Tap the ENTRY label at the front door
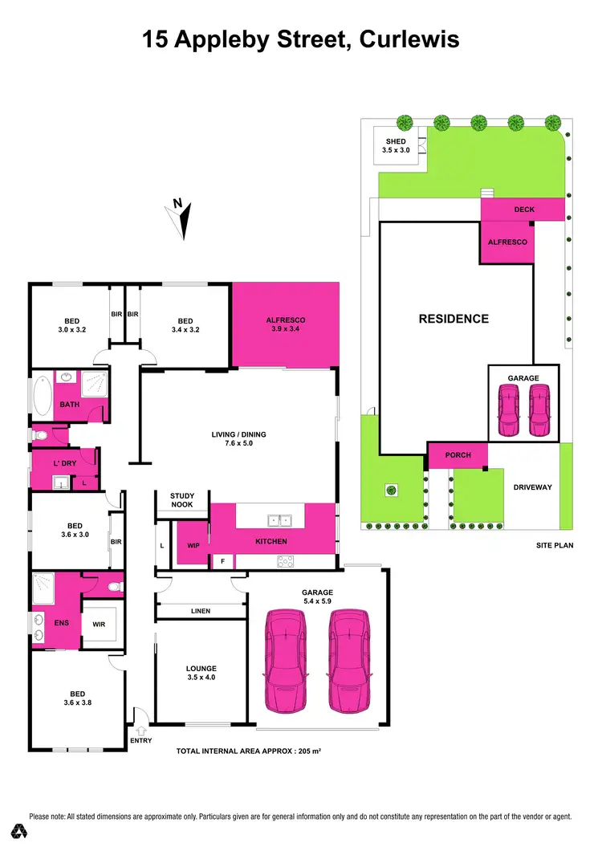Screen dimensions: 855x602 click(x=140, y=740)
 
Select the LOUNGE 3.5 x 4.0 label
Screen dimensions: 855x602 click(x=201, y=673)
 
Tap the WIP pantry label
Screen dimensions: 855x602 click(x=193, y=545)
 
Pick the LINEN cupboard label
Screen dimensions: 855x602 click(x=201, y=612)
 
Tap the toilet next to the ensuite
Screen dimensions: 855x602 click(x=116, y=587)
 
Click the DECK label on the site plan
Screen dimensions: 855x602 click(x=523, y=210)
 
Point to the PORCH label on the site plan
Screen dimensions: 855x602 click(x=458, y=455)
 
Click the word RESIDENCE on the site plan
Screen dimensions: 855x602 click(x=454, y=319)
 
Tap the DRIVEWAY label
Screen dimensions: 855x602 click(x=533, y=487)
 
